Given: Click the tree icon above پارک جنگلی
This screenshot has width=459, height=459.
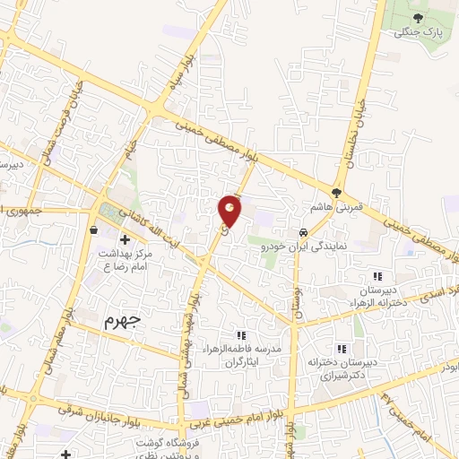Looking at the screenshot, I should pos(419,16).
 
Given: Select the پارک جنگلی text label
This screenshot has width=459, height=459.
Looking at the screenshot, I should pos(419,33).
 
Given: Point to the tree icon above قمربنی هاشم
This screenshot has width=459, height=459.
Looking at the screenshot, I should pos(337,191).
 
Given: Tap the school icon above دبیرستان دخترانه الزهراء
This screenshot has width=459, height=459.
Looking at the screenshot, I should pos(377,276).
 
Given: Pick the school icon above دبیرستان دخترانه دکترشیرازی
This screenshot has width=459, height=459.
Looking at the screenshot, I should pos(341,349).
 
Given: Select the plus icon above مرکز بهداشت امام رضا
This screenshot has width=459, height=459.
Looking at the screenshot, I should pos(124,240).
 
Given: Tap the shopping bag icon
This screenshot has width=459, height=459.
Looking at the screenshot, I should pos(95,229).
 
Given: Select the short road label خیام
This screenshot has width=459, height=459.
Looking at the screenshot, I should pos(132,142).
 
